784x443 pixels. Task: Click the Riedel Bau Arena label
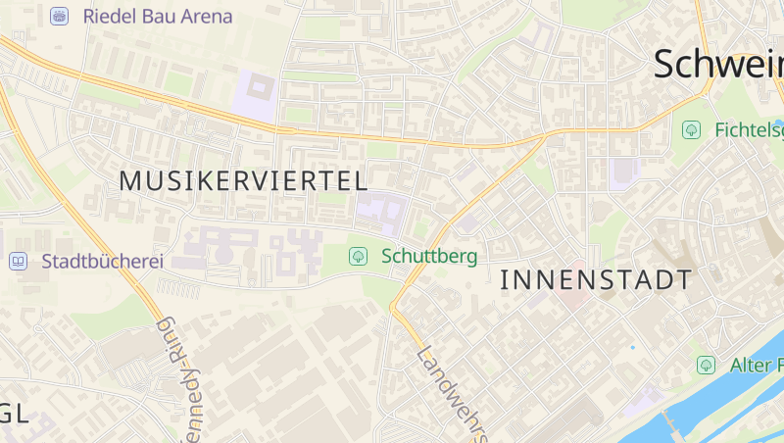pos(158,17)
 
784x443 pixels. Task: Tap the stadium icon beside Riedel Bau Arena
pos(60,17)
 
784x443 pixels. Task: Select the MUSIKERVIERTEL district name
pos(243,180)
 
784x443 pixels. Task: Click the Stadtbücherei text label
pos(102,262)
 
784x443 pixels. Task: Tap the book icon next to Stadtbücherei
pos(18,262)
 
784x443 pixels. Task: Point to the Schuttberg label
pos(430,257)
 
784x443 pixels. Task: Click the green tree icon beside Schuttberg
pos(359,257)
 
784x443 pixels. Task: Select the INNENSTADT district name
pos(596,280)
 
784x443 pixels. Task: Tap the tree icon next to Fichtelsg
pos(692,129)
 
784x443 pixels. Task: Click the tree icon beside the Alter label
pos(706,366)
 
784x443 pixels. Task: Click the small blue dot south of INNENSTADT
pos(633,348)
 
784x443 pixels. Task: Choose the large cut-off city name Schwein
pos(718,65)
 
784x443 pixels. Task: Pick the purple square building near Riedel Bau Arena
pos(257,94)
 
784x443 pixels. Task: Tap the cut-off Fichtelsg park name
pos(749,129)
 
